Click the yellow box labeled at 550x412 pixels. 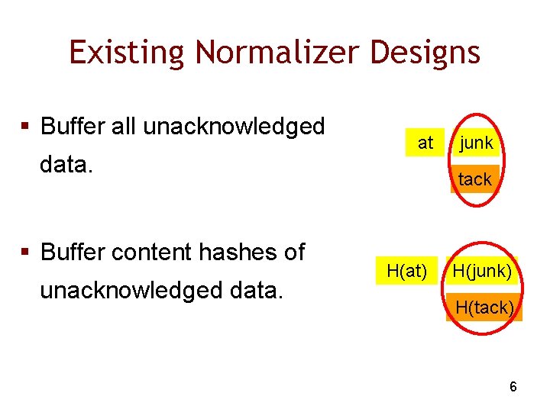pyautogui.click(x=425, y=143)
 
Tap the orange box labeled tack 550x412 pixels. pyautogui.click(x=474, y=179)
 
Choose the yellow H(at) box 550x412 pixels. pyautogui.click(x=406, y=269)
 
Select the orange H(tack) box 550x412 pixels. pyautogui.click(x=484, y=307)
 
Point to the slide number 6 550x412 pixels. pyautogui.click(x=513, y=387)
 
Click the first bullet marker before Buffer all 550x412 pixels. pyautogui.click(x=27, y=127)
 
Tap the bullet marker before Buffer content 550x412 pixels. pyautogui.click(x=27, y=253)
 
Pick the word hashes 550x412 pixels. pyautogui.click(x=237, y=252)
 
